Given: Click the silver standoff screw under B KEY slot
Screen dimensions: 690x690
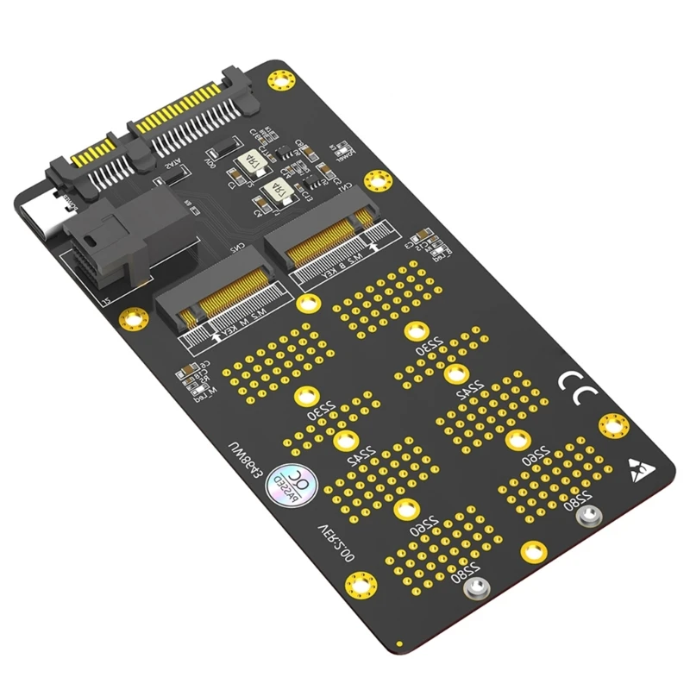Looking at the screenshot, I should [x=588, y=516].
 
